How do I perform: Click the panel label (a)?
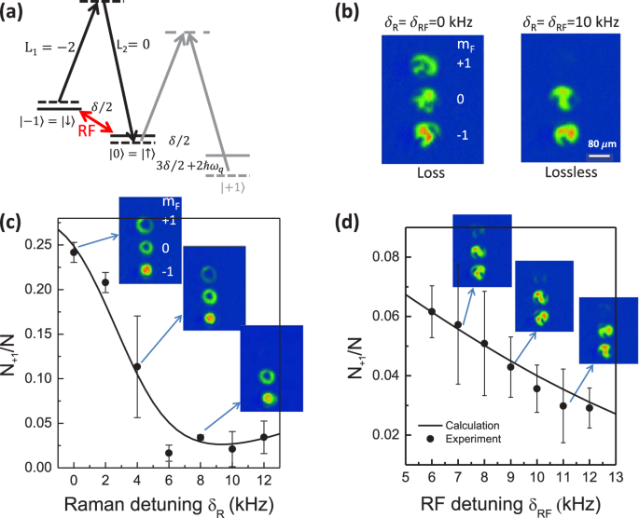[17, 11]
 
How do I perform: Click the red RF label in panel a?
[85, 131]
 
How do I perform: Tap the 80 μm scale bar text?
[600, 143]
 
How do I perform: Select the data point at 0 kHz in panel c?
[74, 252]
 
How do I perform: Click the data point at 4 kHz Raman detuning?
[138, 367]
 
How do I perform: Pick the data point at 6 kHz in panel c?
[170, 453]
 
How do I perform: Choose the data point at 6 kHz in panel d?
[431, 311]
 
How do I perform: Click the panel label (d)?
[346, 224]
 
